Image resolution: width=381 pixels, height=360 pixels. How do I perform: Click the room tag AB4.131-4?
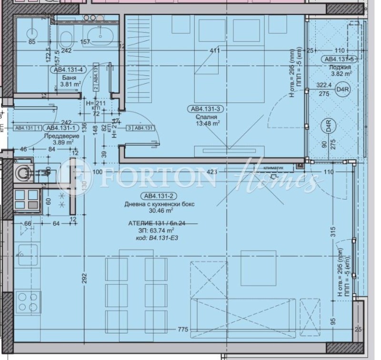69,70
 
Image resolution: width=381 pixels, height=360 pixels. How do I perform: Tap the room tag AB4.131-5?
340,59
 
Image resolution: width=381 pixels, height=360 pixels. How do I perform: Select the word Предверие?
59,135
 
